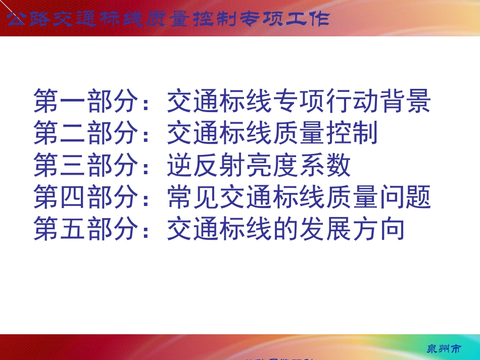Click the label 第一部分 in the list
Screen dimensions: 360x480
click(x=86, y=101)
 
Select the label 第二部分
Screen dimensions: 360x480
click(x=86, y=133)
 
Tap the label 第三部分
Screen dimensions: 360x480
click(x=86, y=165)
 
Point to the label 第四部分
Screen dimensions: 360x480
click(x=86, y=197)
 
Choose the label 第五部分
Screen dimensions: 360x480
click(x=86, y=229)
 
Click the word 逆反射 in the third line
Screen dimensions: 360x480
click(x=206, y=165)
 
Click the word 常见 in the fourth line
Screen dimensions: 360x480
click(x=193, y=197)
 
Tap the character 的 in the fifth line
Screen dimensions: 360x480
click(x=285, y=229)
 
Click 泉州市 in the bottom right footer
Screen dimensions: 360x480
click(x=444, y=349)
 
